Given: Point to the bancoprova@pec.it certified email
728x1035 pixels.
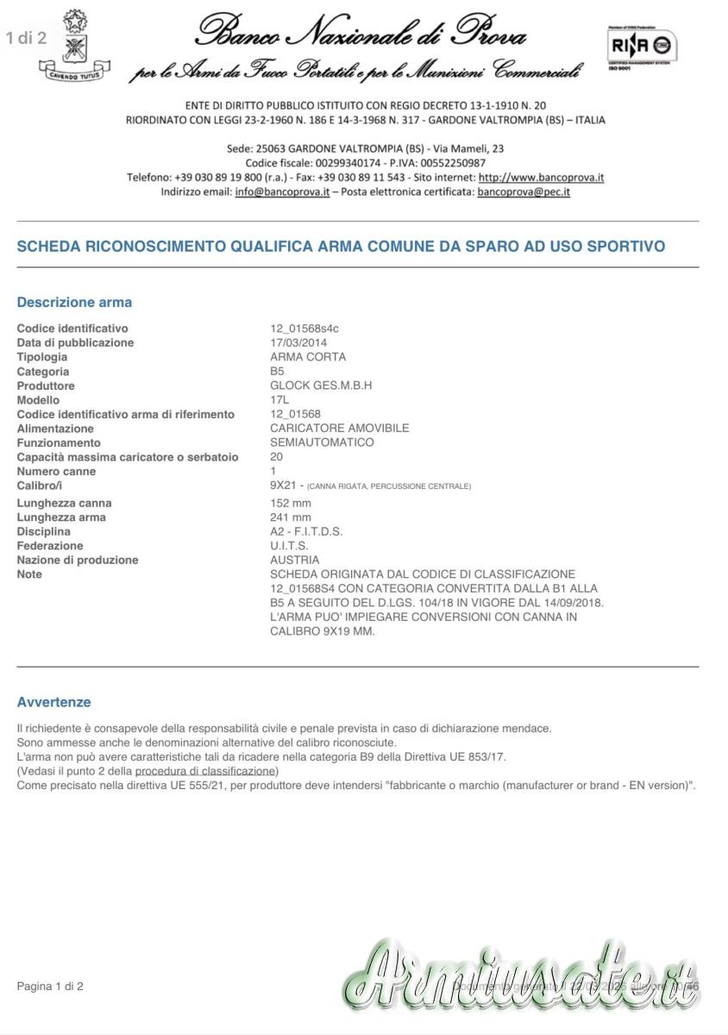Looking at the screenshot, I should click(524, 191).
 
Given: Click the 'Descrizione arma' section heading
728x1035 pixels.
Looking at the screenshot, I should click(74, 303).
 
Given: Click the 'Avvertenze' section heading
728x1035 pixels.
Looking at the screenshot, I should click(53, 702).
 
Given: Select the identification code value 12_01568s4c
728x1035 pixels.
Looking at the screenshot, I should click(304, 329).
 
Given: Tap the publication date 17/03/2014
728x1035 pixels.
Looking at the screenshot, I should click(298, 342).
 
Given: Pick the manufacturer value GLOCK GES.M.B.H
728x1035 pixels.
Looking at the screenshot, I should click(321, 386).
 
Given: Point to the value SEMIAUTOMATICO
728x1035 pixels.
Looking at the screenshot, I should click(322, 442).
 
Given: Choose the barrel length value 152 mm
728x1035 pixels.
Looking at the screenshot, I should click(291, 503).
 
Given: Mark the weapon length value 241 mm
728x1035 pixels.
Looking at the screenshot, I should click(291, 517).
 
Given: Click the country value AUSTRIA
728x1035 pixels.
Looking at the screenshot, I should click(295, 560).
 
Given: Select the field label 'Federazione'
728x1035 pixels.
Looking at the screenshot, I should click(50, 546).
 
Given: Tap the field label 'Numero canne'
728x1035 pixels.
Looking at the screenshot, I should click(56, 472).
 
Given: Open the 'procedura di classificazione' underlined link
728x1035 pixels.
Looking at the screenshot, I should click(205, 771).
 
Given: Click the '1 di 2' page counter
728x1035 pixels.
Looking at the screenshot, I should click(26, 37).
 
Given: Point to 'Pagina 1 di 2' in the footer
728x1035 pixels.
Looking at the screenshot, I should click(50, 986).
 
